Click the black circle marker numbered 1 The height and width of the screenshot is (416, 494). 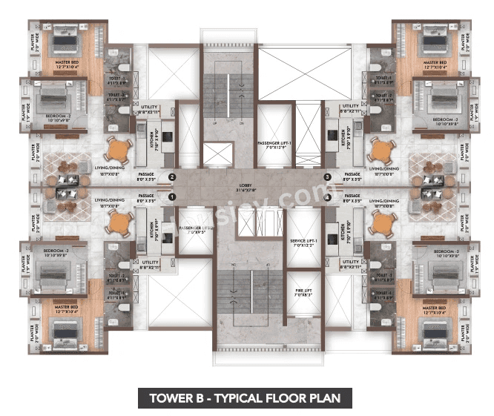pos(171,197)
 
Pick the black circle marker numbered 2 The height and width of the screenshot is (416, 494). pos(171,177)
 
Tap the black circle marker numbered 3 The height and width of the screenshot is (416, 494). pos(327,177)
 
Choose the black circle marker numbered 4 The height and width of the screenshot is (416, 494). pos(327,197)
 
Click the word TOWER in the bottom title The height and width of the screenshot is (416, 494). pos(173,397)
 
